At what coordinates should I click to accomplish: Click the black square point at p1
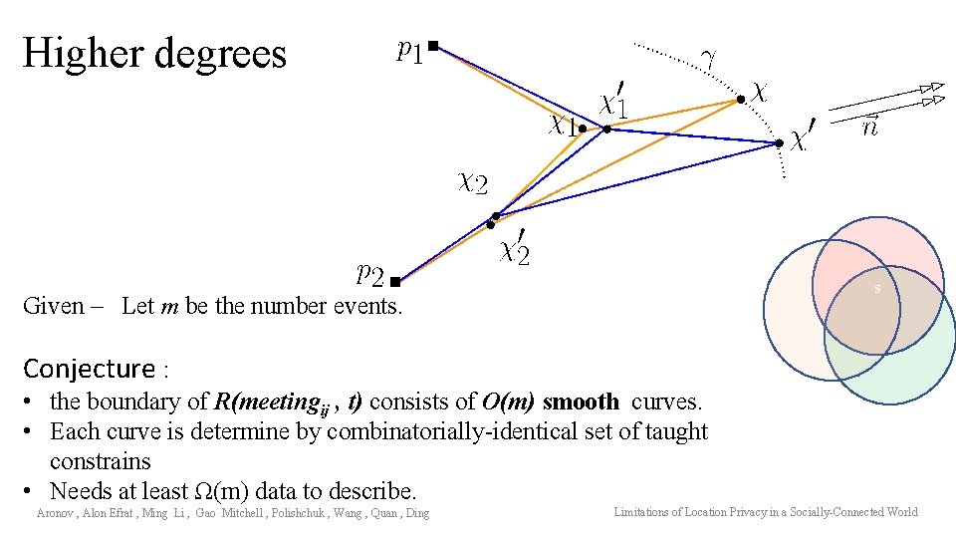point(433,45)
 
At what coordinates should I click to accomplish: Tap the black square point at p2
point(395,282)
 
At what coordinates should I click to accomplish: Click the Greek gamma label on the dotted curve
point(708,59)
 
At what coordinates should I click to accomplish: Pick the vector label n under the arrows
point(869,125)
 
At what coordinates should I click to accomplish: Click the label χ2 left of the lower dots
point(472,181)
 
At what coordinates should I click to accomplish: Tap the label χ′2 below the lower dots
point(515,247)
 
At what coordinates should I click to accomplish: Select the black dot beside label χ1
point(583,129)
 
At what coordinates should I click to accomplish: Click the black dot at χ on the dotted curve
point(740,99)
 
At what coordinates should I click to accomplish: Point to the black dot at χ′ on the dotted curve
point(780,143)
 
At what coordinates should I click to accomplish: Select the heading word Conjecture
point(89,369)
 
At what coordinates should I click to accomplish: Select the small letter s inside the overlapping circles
point(877,289)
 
